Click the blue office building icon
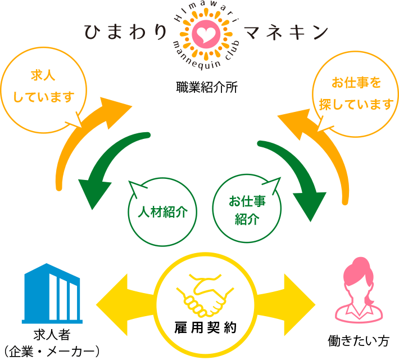(x=51, y=295)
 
